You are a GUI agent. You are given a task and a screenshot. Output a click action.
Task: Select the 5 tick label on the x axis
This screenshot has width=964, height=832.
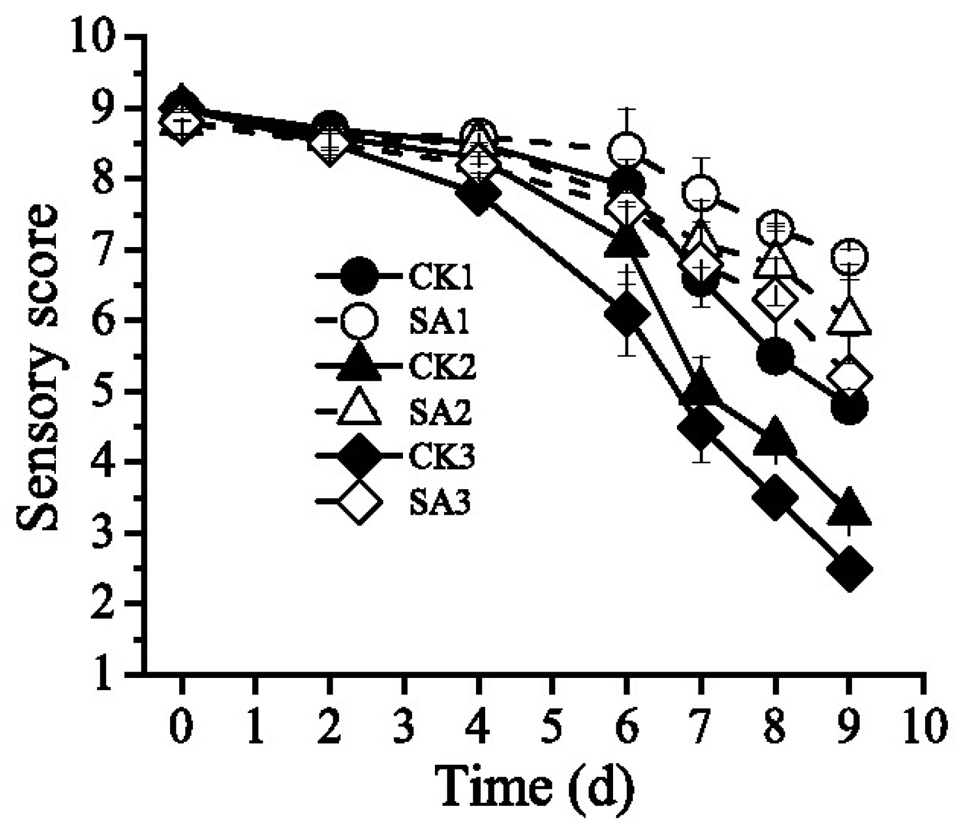(552, 728)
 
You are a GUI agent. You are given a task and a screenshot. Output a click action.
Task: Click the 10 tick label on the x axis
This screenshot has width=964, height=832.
(923, 728)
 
